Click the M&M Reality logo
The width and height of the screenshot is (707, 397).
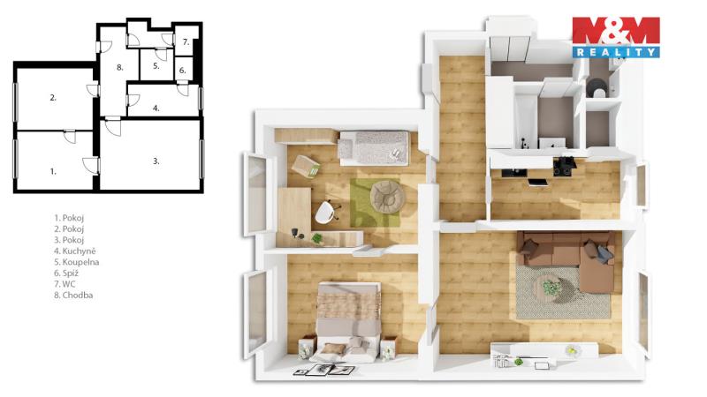click(616, 37)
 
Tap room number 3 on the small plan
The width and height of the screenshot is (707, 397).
click(156, 161)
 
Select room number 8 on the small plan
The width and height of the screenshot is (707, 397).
click(119, 68)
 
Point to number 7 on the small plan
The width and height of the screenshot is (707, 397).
click(186, 42)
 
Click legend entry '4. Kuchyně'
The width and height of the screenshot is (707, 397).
click(75, 251)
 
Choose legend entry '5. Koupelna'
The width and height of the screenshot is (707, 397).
click(77, 262)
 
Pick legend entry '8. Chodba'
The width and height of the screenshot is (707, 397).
click(73, 296)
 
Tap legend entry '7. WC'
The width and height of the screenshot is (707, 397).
click(65, 284)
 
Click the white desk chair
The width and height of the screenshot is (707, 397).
click(326, 212)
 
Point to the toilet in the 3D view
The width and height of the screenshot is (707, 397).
click(597, 88)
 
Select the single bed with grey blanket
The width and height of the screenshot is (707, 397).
click(374, 147)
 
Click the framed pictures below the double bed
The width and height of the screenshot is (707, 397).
click(324, 370)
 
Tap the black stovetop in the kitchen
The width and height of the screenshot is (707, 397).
click(564, 166)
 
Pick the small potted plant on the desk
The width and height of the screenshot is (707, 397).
click(318, 238)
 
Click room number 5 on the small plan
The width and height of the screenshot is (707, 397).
click(156, 66)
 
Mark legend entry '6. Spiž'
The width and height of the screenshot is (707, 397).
click(66, 273)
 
